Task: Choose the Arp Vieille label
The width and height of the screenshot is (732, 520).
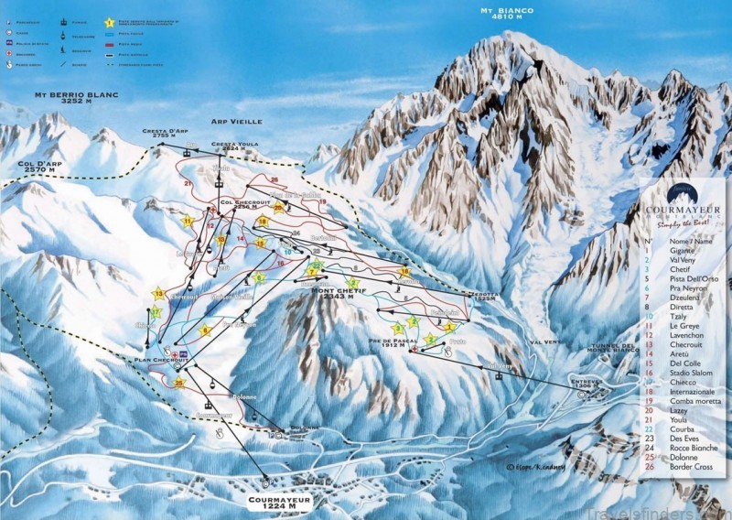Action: tap(236, 121)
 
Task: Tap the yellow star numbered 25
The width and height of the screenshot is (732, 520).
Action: tap(179, 383)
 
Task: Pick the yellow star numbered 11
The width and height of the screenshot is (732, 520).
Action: tap(188, 221)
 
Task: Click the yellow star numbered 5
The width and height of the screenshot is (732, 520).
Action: tap(205, 330)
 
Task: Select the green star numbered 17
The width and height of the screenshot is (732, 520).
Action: tap(156, 312)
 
